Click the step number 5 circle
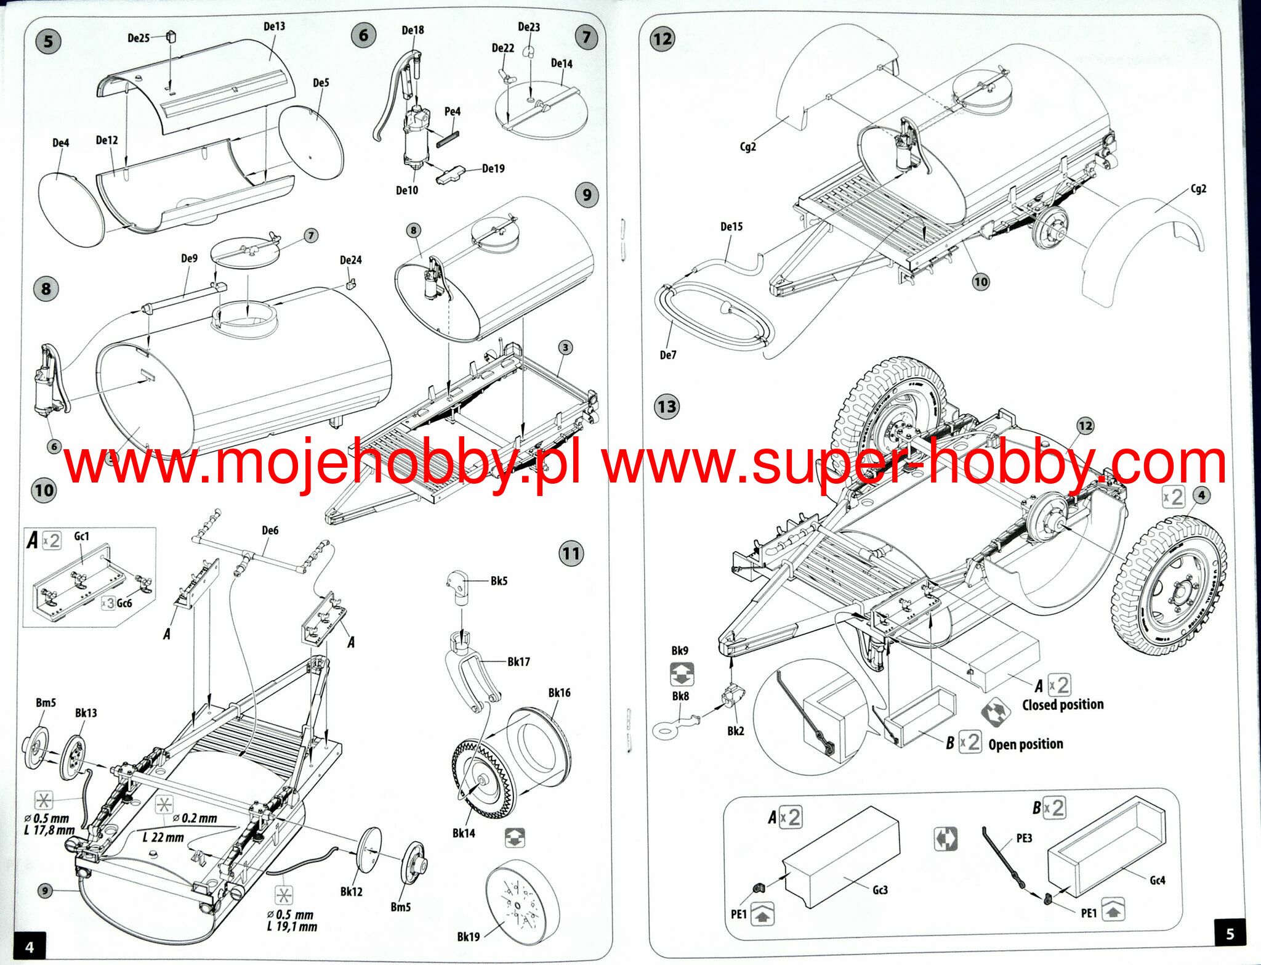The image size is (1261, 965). tap(48, 42)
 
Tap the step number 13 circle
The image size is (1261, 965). tap(667, 407)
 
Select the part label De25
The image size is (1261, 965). tap(139, 38)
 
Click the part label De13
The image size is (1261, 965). tap(274, 26)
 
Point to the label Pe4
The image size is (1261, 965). tap(452, 112)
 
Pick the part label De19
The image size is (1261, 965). tap(493, 169)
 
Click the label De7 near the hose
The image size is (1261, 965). tap(667, 355)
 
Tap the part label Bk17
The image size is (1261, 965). tap(518, 662)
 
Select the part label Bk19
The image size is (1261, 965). tap(468, 937)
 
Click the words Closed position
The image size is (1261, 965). tap(1063, 705)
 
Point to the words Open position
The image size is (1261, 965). tap(1026, 744)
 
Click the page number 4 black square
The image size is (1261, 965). tap(29, 947)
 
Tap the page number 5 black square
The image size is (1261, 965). tap(1230, 934)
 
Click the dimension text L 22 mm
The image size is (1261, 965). tap(163, 837)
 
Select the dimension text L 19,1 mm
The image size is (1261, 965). tap(292, 927)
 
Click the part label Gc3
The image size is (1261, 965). tap(880, 890)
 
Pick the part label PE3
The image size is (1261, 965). tap(1024, 839)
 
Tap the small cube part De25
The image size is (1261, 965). tap(172, 36)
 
